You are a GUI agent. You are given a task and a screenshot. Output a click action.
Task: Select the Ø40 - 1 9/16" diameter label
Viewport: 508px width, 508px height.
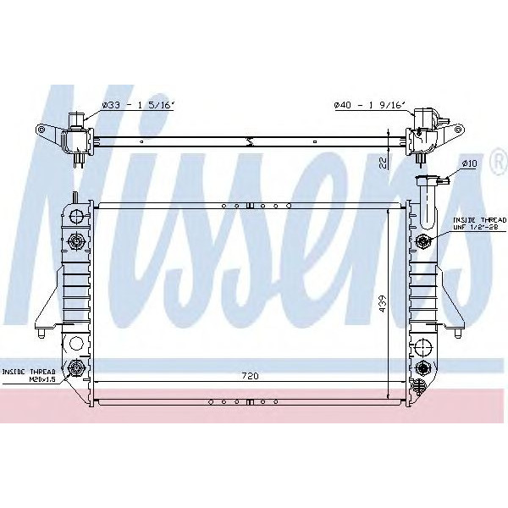pyautogui.click(x=369, y=105)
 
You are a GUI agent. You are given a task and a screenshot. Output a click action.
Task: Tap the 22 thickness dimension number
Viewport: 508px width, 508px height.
pyautogui.click(x=384, y=162)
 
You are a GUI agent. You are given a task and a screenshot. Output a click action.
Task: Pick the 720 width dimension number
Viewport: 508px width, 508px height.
pyautogui.click(x=250, y=375)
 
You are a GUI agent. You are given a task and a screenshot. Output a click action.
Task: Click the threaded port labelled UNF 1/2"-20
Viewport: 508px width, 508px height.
pyautogui.click(x=423, y=242)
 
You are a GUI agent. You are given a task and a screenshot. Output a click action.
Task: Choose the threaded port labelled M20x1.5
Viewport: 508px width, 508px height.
pyautogui.click(x=77, y=367)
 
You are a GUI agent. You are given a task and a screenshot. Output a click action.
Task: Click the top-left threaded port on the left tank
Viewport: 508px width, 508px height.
pyautogui.click(x=77, y=242)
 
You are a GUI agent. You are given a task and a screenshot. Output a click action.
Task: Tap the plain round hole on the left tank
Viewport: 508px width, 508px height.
pyautogui.click(x=76, y=344)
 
